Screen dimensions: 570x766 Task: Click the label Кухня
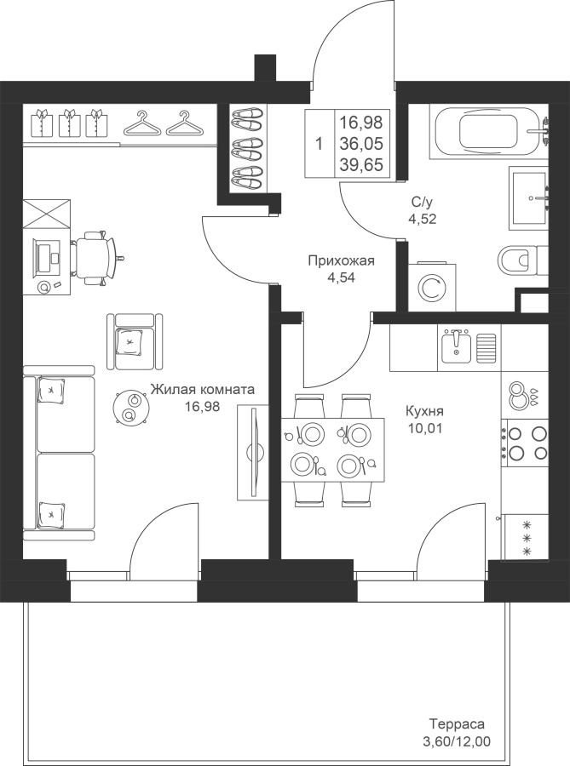pyautogui.click(x=424, y=411)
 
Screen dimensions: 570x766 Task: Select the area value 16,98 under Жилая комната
pyautogui.click(x=202, y=406)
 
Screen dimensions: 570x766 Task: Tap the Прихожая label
pyautogui.click(x=341, y=261)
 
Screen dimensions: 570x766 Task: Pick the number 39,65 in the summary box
pyautogui.click(x=362, y=166)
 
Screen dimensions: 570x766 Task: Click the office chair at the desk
pyautogui.click(x=95, y=257)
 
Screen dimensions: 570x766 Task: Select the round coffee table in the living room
pyautogui.click(x=129, y=407)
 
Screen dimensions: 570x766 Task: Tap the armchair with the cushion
pyautogui.click(x=135, y=341)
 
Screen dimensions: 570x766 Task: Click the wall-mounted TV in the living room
pyautogui.click(x=254, y=453)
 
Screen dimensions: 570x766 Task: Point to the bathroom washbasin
pyautogui.click(x=528, y=197)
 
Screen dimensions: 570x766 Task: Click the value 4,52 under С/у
pyautogui.click(x=423, y=219)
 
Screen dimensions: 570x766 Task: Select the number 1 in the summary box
pyautogui.click(x=320, y=144)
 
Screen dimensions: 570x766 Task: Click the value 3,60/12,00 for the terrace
pyautogui.click(x=456, y=741)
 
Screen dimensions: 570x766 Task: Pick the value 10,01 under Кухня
pyautogui.click(x=424, y=428)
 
